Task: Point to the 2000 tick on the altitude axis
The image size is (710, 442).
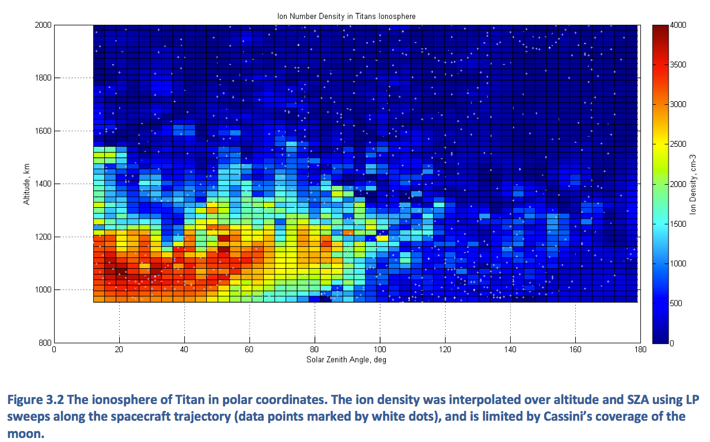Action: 44,25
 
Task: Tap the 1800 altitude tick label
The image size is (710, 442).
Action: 44,78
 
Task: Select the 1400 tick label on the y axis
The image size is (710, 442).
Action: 44,184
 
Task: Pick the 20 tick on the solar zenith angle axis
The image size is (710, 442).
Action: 119,350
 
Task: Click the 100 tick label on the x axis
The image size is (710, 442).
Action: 379,350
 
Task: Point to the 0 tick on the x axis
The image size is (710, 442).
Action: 54,350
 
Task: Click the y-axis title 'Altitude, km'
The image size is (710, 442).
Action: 26,184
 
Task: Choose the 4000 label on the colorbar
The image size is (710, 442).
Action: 679,25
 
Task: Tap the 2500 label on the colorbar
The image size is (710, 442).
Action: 679,144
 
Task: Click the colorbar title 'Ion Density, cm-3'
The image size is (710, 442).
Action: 694,184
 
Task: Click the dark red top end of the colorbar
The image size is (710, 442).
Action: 660,29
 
